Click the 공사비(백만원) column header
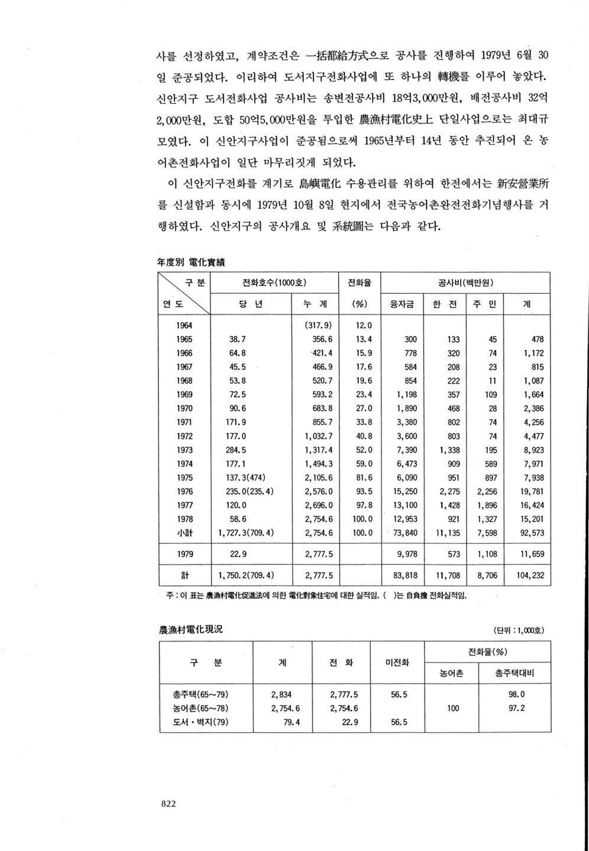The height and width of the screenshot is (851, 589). click(x=466, y=282)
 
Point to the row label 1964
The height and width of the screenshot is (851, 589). click(x=184, y=325)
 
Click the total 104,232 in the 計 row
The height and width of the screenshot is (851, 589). click(x=530, y=575)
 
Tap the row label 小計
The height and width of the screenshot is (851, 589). click(x=184, y=533)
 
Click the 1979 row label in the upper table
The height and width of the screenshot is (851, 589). click(x=184, y=554)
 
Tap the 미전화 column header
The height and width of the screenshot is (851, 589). click(x=397, y=662)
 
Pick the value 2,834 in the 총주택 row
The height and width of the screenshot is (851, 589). click(x=281, y=694)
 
